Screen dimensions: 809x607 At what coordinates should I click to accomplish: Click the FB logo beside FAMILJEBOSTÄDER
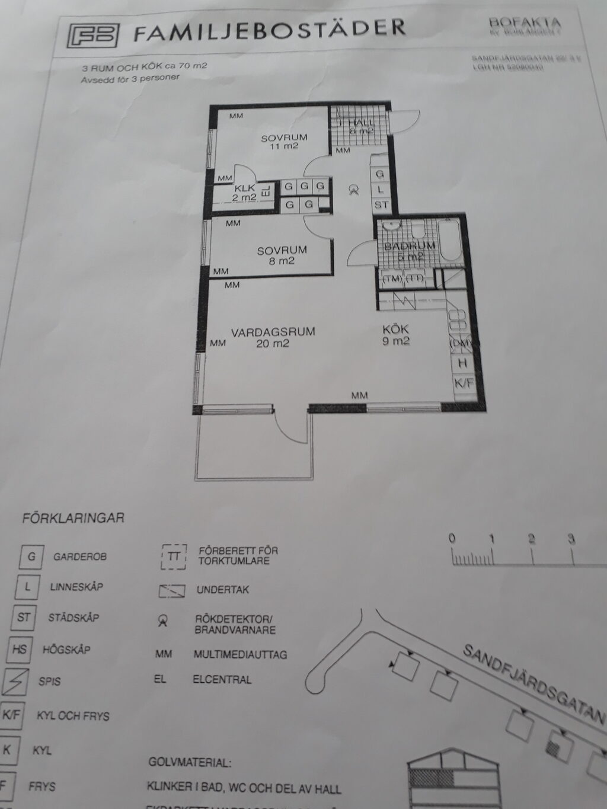tap(94, 36)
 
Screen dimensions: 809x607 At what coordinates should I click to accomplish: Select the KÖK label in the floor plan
tap(396, 330)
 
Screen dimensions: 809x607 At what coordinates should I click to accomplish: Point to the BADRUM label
tap(410, 246)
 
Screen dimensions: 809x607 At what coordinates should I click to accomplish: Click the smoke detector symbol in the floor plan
tap(354, 190)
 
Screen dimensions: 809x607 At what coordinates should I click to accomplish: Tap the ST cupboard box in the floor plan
tap(381, 204)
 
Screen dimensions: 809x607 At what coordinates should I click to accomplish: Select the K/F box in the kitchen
tap(464, 383)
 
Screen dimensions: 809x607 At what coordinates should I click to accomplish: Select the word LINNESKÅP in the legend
tap(76, 587)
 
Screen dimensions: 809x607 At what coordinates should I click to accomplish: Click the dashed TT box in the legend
tap(173, 557)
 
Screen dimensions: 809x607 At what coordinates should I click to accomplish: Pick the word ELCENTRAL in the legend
tap(222, 680)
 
